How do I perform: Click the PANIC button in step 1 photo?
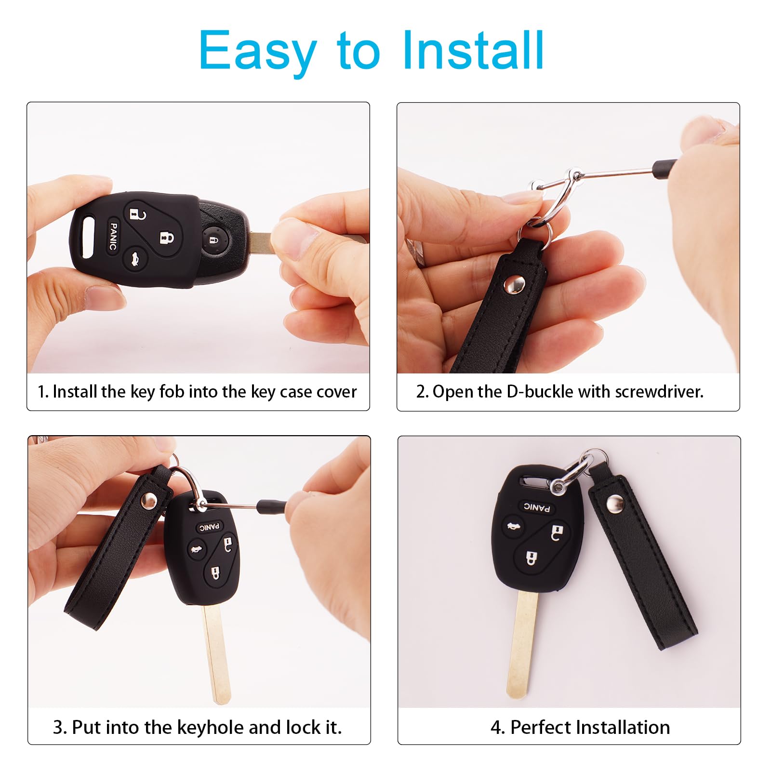point(113,236)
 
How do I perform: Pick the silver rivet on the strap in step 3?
point(148,501)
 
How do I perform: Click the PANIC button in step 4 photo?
point(537,507)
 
